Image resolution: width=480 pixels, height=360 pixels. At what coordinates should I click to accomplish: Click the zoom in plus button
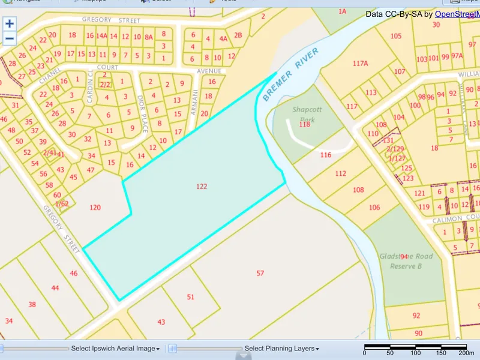pyautogui.click(x=10, y=25)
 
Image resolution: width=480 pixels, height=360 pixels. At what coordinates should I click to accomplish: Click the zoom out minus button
pyautogui.click(x=10, y=39)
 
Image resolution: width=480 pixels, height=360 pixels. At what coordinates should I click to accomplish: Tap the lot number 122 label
pyautogui.click(x=202, y=187)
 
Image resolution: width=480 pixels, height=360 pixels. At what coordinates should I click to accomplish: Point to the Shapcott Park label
pyautogui.click(x=307, y=114)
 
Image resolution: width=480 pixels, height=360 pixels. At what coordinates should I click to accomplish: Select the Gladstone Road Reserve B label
pyautogui.click(x=406, y=260)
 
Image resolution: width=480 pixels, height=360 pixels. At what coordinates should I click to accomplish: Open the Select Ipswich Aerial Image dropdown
pyautogui.click(x=115, y=349)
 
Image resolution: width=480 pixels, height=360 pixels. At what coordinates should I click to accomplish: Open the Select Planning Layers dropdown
pyautogui.click(x=282, y=349)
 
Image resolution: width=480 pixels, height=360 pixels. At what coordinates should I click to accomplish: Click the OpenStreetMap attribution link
pyautogui.click(x=457, y=14)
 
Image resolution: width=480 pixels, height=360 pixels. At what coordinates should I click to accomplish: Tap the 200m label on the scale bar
pyautogui.click(x=459, y=353)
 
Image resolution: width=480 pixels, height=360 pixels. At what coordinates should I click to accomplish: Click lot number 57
pyautogui.click(x=260, y=274)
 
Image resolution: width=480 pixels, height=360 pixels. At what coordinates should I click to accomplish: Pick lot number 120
pyautogui.click(x=95, y=208)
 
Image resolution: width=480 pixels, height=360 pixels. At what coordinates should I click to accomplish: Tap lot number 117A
pyautogui.click(x=361, y=63)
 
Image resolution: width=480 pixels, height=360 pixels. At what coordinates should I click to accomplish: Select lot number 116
pyautogui.click(x=326, y=155)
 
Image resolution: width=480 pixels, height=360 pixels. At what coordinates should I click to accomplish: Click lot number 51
pyautogui.click(x=191, y=297)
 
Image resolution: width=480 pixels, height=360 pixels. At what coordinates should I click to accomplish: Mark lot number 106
pyautogui.click(x=375, y=207)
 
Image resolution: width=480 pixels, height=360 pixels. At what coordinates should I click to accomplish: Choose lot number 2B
pyautogui.click(x=238, y=35)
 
